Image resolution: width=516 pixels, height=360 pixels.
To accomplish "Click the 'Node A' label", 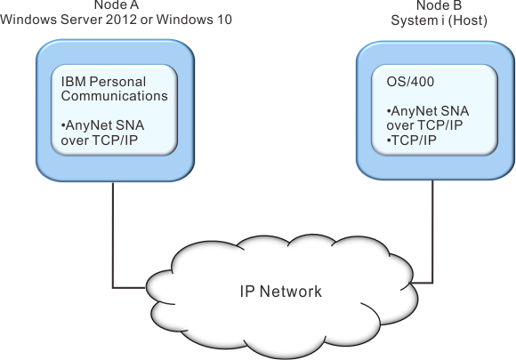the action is [117, 4].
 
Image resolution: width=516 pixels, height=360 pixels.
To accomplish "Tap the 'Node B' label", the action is [439, 5].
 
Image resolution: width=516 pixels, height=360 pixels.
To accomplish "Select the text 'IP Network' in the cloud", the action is [281, 292].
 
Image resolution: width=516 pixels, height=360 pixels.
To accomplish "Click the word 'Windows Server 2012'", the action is [69, 20].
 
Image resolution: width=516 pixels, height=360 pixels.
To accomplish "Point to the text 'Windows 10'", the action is [194, 20].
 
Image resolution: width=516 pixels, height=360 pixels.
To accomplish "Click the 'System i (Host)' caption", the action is [439, 20].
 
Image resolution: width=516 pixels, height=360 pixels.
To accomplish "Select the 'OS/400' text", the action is [410, 82].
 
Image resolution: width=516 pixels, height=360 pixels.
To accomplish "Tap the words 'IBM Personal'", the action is [103, 82].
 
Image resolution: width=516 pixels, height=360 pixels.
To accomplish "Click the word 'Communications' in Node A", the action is [114, 96].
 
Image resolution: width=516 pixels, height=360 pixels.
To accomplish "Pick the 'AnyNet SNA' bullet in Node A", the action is [102, 125].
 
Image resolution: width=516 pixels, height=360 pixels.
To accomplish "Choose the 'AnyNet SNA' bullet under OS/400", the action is [428, 111].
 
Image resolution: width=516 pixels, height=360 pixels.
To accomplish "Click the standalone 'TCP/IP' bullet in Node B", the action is [412, 140].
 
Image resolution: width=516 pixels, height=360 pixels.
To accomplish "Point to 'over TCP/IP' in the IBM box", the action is [99, 140].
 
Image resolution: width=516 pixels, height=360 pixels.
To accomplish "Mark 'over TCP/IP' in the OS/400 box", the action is [424, 125].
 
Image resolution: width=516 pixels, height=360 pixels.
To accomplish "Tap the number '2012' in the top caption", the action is [121, 20].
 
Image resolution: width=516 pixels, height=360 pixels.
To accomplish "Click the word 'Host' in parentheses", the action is [468, 20].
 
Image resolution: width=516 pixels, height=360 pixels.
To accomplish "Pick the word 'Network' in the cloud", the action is [291, 292].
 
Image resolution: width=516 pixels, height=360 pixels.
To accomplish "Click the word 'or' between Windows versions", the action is [147, 20].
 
